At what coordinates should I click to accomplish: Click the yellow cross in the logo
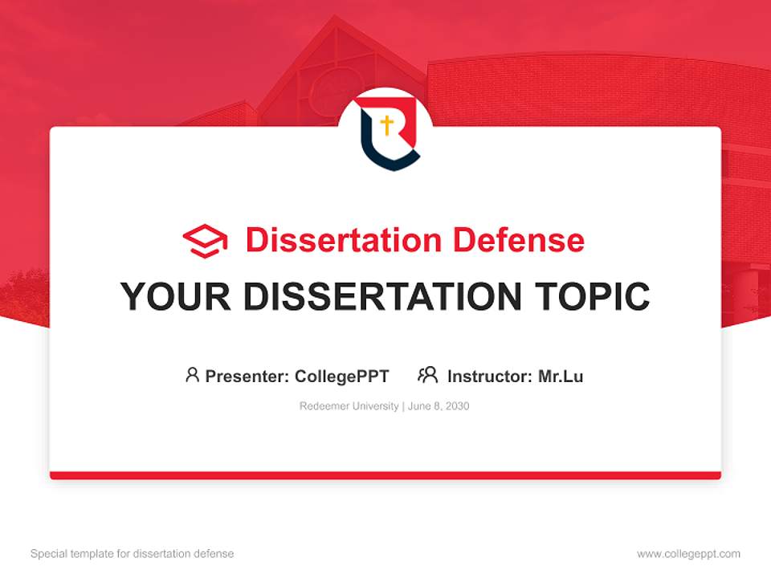pos(387,125)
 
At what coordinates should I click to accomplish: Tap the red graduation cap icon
pos(205,241)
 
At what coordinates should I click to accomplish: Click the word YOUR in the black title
pos(176,297)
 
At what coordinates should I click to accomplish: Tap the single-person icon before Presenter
pos(192,375)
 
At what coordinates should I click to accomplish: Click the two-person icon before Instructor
pos(428,375)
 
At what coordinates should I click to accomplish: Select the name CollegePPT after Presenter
pos(341,376)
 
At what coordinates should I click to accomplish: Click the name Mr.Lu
pos(561,376)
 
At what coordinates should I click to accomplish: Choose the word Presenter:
pos(247,376)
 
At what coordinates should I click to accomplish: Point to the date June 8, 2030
pos(439,406)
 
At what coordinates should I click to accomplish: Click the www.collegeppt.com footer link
pos(688,554)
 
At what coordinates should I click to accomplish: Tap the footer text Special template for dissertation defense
pos(132,554)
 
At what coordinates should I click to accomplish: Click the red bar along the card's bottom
pos(385,475)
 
